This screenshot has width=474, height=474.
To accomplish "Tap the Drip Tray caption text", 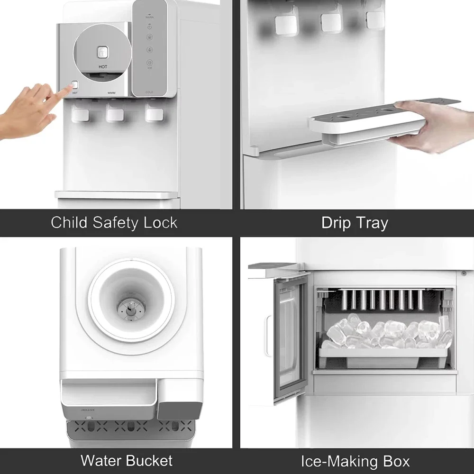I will [355, 222].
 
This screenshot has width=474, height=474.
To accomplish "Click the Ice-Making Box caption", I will [355, 461].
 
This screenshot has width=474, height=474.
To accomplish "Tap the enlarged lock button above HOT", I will [103, 53].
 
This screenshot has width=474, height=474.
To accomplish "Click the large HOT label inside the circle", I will [103, 67].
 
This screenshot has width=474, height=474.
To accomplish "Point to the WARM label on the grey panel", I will [111, 93].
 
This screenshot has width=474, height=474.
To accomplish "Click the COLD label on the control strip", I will [149, 92].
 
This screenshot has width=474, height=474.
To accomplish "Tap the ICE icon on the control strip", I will [149, 63].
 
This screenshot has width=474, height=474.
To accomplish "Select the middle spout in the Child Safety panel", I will [115, 114].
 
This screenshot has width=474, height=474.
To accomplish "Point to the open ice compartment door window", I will [288, 339].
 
